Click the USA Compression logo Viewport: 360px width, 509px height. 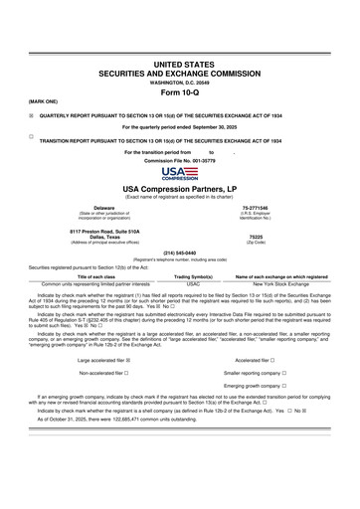pos(179,175)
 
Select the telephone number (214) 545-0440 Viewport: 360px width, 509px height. pos(179,254)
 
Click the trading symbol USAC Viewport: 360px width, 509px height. pos(180,283)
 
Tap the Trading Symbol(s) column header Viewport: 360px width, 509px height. pos(180,276)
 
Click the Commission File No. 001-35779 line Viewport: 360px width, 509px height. pos(179,159)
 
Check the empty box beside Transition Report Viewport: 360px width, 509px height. pos(32,134)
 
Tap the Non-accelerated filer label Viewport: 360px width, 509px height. pos(103,373)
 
